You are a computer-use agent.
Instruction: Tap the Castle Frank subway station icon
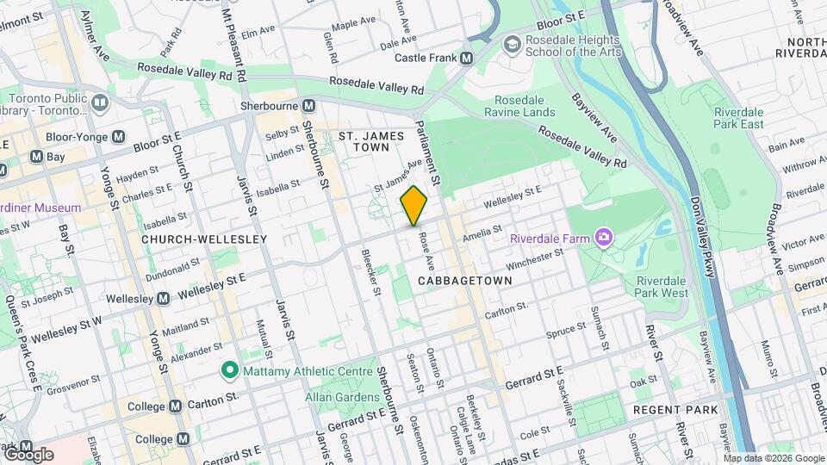467,59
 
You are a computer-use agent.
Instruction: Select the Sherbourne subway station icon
308,106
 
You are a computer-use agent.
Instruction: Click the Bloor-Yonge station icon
118,137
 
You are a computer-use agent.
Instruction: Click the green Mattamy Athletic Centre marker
229,372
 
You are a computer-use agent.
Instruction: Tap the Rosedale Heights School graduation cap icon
512,43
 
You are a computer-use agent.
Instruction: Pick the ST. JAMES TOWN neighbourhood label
370,142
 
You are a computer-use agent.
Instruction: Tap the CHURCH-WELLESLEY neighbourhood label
193,239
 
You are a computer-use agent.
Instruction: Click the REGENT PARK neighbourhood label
669,410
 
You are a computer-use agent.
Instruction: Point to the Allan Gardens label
342,397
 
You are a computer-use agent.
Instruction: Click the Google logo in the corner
28,455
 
